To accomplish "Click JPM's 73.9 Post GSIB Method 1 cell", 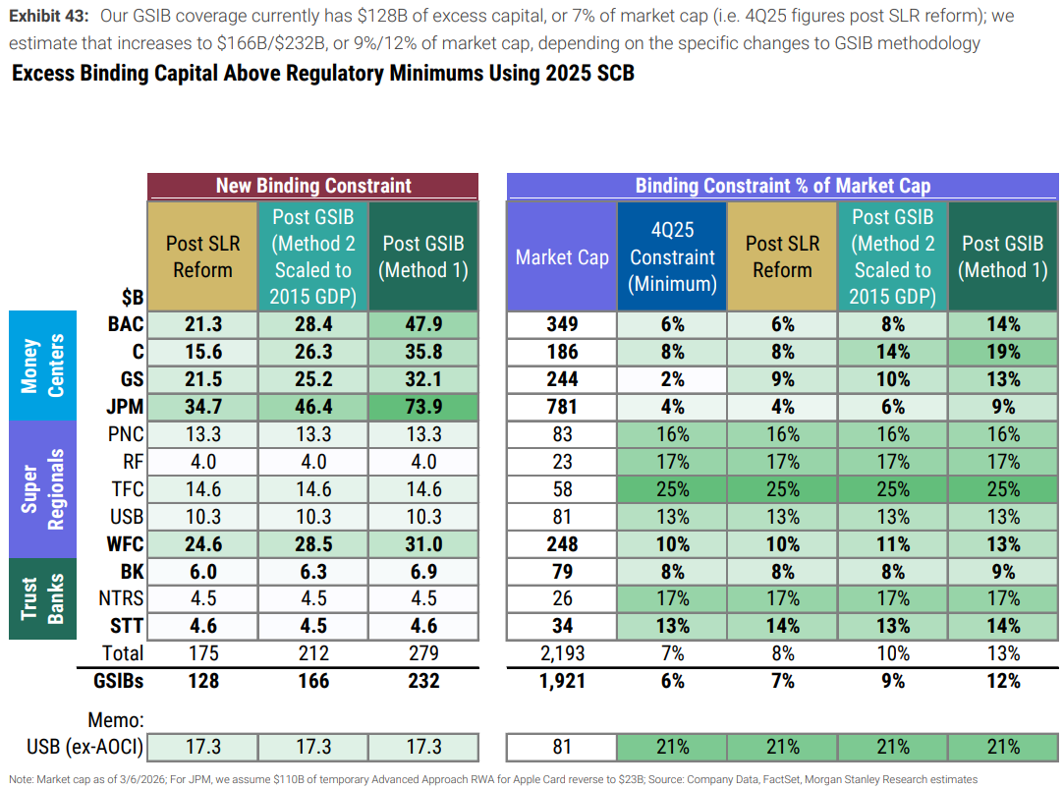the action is tap(423, 407).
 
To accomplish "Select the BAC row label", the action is tap(126, 324).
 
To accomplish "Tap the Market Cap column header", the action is tap(562, 256).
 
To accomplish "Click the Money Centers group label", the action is tap(42, 366).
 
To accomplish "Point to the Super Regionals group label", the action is tap(42, 489).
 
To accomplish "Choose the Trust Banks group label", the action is tap(42, 598).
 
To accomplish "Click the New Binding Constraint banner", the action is tap(313, 186).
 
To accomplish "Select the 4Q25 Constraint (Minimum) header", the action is tap(672, 256).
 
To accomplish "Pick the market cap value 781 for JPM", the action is tap(562, 407).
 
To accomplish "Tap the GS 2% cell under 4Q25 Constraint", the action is tap(672, 379).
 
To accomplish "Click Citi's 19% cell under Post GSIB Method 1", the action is tap(1003, 352).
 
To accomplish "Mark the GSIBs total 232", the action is tap(423, 681).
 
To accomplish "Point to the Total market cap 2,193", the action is tap(562, 653).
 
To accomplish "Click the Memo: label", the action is tap(116, 720).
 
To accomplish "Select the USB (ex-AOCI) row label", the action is tap(85, 747).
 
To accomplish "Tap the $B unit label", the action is tap(133, 297).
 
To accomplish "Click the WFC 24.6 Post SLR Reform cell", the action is tap(202, 544).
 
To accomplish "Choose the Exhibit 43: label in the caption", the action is tap(48, 16).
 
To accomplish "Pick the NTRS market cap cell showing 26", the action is tap(562, 598).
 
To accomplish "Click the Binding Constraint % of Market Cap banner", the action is tap(782, 186).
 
